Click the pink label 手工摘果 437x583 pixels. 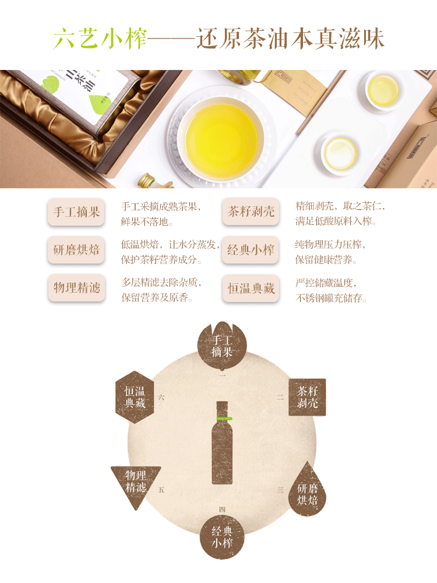tap(76, 212)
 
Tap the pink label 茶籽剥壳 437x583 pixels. tap(251, 212)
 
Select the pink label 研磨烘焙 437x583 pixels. tap(76, 250)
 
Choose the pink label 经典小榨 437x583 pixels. tap(251, 250)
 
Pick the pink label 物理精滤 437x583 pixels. tap(76, 287)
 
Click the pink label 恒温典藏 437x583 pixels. tap(251, 288)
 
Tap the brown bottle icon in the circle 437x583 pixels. tap(222, 442)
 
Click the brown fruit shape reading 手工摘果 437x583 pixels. tap(222, 346)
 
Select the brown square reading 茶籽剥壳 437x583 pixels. tap(307, 397)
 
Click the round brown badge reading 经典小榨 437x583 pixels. tap(222, 537)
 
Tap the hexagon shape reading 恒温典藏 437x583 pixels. tap(135, 397)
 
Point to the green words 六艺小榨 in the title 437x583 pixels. tap(100, 38)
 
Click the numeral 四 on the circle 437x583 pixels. tap(222, 509)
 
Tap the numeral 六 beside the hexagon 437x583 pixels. tap(161, 398)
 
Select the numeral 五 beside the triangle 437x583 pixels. tap(161, 490)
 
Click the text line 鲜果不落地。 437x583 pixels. tap(147, 222)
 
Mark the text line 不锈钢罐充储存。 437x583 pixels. tap(331, 298)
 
